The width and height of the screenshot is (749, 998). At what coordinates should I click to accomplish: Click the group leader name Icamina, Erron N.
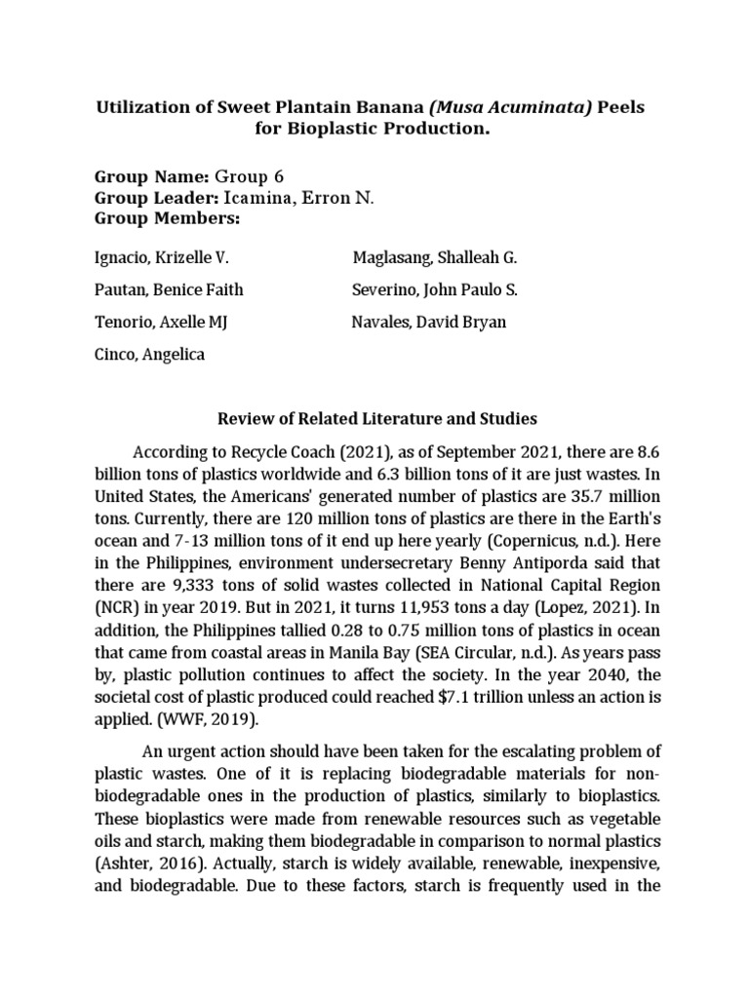coord(298,198)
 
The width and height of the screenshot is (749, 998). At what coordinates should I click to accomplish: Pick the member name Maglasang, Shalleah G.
coord(434,258)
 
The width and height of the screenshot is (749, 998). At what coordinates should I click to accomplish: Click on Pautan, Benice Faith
coord(169,290)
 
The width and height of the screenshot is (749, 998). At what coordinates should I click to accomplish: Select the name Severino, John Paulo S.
coord(434,290)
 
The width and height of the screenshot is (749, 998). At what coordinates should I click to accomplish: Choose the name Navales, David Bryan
coord(428,323)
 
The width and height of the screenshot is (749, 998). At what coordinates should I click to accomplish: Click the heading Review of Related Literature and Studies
coord(375,419)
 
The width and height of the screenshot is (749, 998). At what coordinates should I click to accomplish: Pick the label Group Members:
coord(166,218)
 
